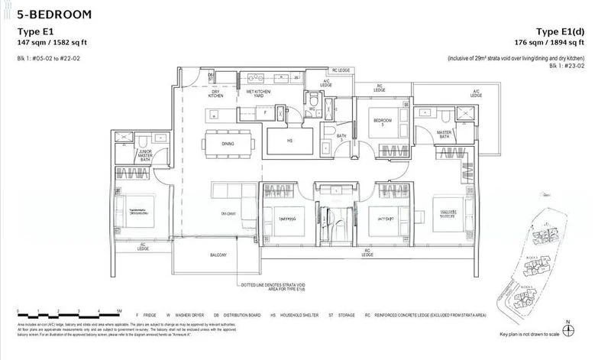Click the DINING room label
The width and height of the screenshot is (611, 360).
click(x=228, y=144)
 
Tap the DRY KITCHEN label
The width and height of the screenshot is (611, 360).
click(x=215, y=94)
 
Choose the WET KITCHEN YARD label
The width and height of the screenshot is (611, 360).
click(x=259, y=94)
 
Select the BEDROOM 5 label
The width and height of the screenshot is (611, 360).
click(x=383, y=122)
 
